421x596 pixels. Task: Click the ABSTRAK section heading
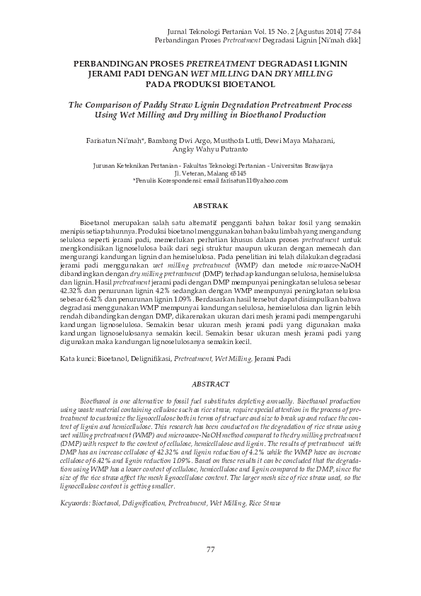(x=210, y=205)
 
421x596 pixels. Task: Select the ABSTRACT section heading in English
(x=210, y=384)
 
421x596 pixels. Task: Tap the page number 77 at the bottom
(x=210, y=549)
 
